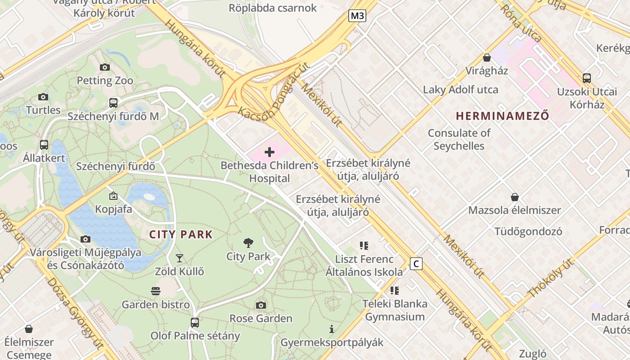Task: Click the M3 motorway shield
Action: (357, 16)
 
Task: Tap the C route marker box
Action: (416, 264)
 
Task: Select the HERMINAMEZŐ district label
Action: (502, 116)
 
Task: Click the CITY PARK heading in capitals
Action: (181, 234)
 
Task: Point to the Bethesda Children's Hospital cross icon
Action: (270, 152)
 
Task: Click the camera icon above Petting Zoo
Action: (105, 67)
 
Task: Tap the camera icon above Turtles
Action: (43, 97)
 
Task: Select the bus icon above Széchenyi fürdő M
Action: (113, 103)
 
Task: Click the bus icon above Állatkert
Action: (44, 145)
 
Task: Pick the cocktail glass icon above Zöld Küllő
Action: (180, 258)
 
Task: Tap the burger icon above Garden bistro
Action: (156, 291)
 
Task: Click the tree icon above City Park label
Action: (248, 243)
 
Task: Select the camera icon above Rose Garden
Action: (261, 306)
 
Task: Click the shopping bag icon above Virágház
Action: (486, 58)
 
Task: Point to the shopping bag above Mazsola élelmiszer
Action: (515, 197)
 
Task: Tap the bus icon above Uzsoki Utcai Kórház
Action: (587, 78)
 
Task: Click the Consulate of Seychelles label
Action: (459, 139)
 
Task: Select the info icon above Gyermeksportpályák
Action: (332, 329)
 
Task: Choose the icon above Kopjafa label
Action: (113, 196)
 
